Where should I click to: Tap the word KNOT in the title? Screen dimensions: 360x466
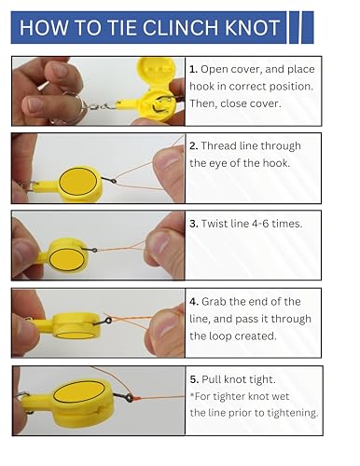(x=252, y=28)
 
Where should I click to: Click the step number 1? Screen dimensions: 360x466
(x=193, y=69)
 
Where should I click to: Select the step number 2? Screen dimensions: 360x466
(x=194, y=146)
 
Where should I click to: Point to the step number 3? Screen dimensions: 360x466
(x=194, y=224)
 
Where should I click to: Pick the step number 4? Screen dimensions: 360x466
(x=194, y=302)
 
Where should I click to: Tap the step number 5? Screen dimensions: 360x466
(x=194, y=379)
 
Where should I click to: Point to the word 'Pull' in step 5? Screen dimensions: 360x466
(x=211, y=379)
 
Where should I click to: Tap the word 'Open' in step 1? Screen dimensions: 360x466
(x=213, y=70)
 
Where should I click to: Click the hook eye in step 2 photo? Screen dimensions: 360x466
(x=114, y=181)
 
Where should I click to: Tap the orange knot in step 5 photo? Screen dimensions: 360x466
(x=136, y=398)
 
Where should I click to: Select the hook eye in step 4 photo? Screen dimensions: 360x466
(x=108, y=321)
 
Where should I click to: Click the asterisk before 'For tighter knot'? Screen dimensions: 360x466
(x=192, y=395)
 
